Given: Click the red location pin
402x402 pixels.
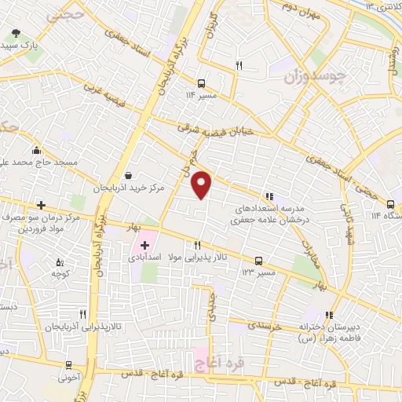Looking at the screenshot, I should click(203, 184).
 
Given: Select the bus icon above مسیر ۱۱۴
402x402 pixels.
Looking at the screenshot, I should click(202, 82).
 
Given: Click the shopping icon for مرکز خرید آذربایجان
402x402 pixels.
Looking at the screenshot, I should click(128, 176).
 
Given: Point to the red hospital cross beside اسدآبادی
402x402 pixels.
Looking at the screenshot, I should click(144, 246).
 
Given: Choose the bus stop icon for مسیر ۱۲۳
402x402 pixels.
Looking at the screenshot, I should click(258, 261).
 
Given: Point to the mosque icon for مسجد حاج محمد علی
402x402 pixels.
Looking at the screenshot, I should click(36, 150).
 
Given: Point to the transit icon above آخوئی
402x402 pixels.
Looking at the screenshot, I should click(69, 364).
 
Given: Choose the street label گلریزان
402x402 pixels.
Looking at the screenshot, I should click(209, 28).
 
